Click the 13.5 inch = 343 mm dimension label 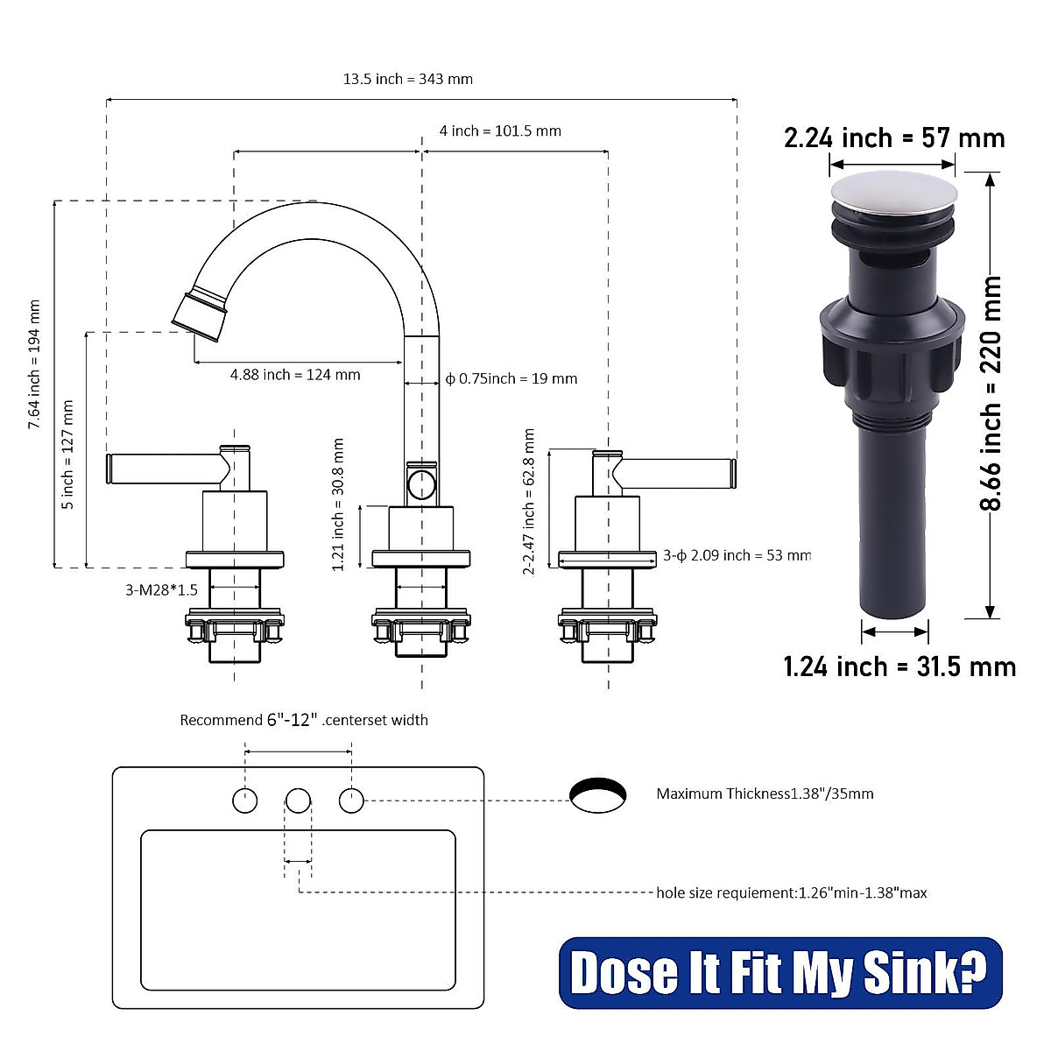pyautogui.click(x=407, y=79)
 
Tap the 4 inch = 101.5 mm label pyautogui.click(x=500, y=131)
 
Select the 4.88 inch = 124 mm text pyautogui.click(x=295, y=375)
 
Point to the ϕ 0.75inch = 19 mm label pyautogui.click(x=511, y=378)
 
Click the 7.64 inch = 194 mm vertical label pyautogui.click(x=35, y=364)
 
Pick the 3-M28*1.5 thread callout pyautogui.click(x=161, y=590)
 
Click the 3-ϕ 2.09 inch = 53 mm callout pyautogui.click(x=737, y=555)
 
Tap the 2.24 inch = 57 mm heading pyautogui.click(x=893, y=138)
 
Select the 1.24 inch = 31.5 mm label pyautogui.click(x=899, y=667)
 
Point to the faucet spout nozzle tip pyautogui.click(x=200, y=314)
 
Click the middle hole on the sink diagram pyautogui.click(x=299, y=800)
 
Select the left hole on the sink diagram pyautogui.click(x=245, y=800)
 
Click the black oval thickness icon pyautogui.click(x=598, y=794)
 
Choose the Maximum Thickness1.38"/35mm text pyautogui.click(x=765, y=794)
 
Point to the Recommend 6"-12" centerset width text pyautogui.click(x=304, y=720)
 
